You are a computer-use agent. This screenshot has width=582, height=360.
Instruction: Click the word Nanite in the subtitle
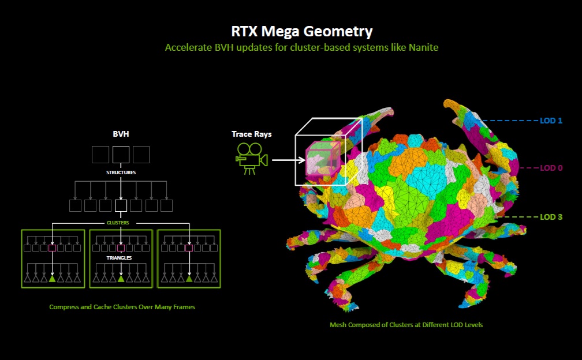point(422,47)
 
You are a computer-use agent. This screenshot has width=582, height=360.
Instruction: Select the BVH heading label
point(121,134)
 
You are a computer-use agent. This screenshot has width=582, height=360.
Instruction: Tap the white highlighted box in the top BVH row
point(121,154)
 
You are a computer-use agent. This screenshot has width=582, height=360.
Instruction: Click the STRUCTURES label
point(121,172)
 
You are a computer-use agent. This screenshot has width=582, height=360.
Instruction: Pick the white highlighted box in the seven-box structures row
point(121,205)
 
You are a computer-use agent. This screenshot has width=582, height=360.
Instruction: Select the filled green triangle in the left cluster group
point(53,279)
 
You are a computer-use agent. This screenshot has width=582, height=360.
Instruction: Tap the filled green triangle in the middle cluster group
point(121,279)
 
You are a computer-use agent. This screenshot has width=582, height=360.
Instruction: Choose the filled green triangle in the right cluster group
point(189,279)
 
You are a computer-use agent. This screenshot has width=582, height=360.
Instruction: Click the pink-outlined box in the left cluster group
point(53,248)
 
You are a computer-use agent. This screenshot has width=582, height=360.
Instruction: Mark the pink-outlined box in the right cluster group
point(189,248)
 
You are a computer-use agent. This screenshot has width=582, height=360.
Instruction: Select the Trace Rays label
point(252,134)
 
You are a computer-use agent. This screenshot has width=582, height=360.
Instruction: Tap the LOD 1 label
point(551,121)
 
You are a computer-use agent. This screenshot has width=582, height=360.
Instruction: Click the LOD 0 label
point(551,168)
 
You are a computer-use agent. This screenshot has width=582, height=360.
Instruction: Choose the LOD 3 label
point(551,217)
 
